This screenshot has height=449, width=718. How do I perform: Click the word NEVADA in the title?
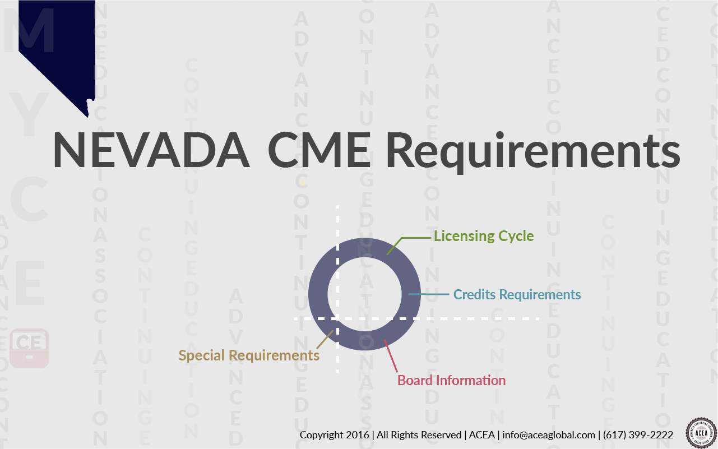(x=151, y=150)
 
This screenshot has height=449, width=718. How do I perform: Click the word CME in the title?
(x=318, y=150)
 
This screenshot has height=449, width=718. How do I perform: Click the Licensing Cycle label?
(x=484, y=236)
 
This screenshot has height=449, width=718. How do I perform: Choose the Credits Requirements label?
(x=517, y=294)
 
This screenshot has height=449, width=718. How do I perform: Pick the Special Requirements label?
(x=249, y=355)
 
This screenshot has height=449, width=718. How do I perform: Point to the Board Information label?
(x=451, y=381)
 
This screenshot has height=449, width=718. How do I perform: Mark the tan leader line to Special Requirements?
(x=325, y=340)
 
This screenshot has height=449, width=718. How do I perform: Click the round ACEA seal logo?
(x=701, y=432)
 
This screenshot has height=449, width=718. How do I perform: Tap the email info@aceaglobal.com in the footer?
(x=549, y=435)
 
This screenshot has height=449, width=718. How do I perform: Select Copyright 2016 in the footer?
(x=334, y=435)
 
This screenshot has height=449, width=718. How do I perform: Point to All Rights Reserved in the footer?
(x=419, y=435)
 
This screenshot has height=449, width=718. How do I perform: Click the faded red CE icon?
(x=29, y=348)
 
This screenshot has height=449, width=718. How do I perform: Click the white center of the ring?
(x=364, y=294)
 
